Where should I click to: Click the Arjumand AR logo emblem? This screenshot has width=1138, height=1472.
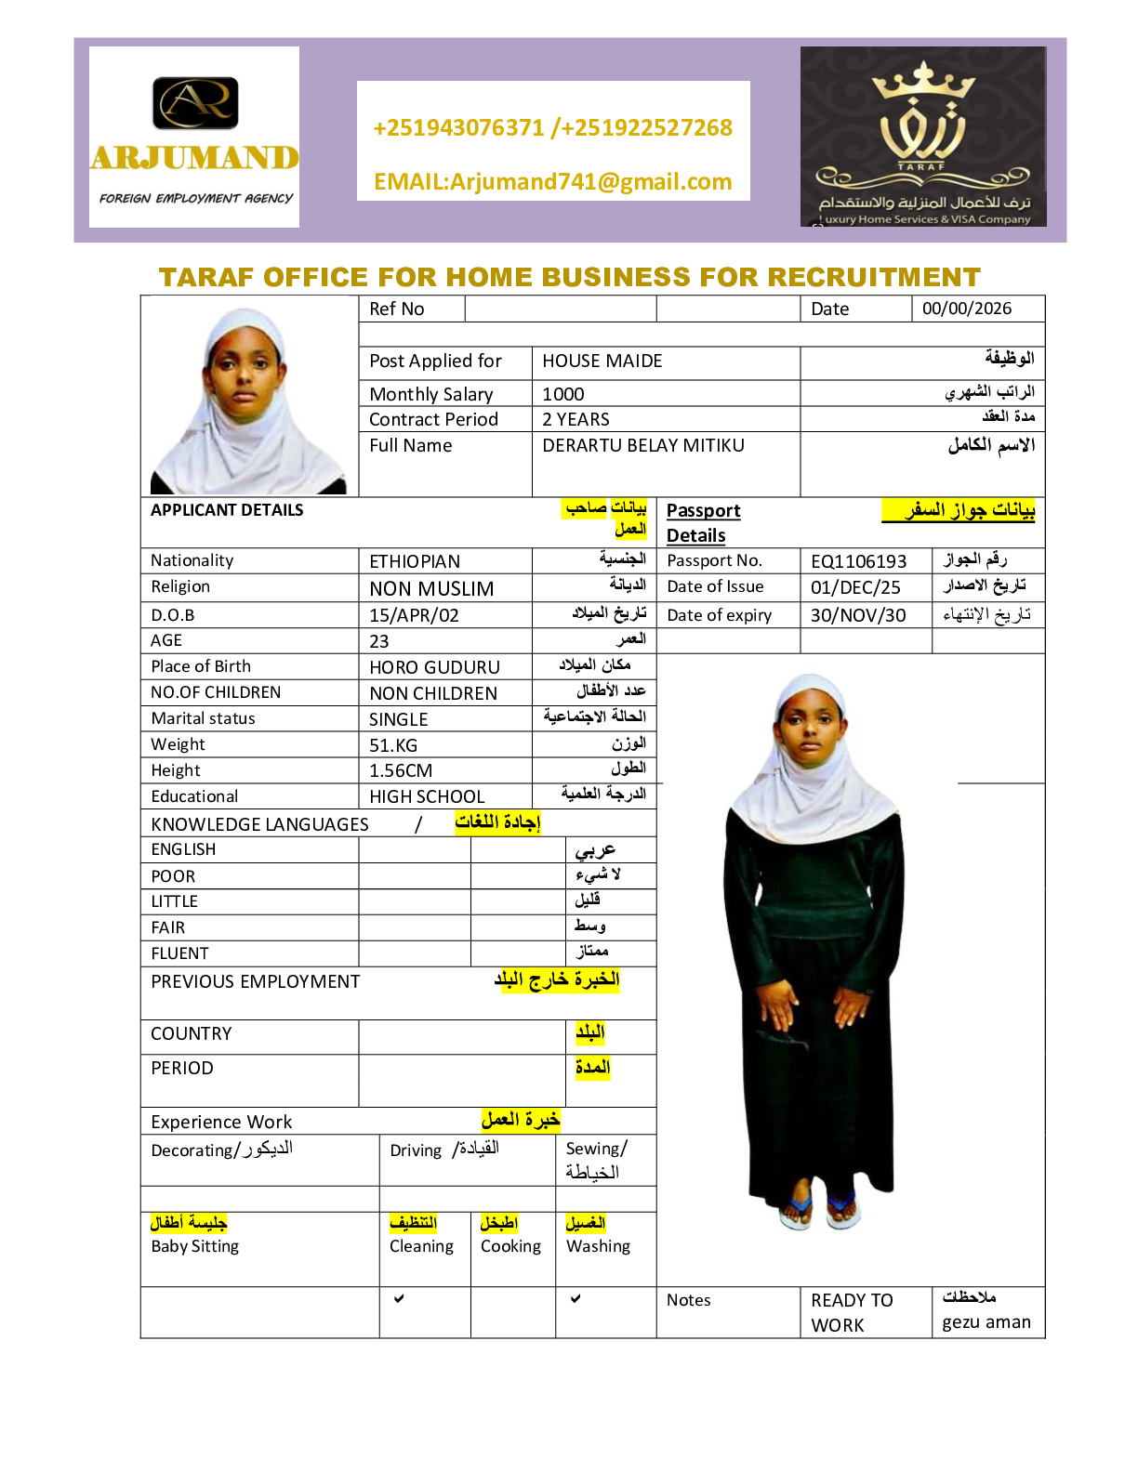(195, 102)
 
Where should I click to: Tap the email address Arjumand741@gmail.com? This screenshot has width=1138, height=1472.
(552, 181)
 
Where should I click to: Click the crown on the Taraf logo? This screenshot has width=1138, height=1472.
(923, 83)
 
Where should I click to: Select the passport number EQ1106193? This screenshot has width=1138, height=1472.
(858, 561)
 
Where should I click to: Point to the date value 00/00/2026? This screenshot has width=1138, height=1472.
(966, 309)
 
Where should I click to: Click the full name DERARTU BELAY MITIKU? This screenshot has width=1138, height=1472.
(643, 445)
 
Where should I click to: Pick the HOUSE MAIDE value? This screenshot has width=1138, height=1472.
(602, 361)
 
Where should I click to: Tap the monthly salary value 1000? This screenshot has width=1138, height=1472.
(563, 394)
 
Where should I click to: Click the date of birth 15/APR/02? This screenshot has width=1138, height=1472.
(414, 615)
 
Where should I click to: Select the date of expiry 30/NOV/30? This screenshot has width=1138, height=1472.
(857, 615)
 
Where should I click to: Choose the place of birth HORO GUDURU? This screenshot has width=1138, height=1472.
(434, 667)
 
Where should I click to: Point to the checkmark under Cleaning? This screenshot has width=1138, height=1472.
(399, 1298)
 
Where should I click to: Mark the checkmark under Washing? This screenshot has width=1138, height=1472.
(576, 1298)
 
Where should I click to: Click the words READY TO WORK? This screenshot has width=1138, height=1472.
(851, 1312)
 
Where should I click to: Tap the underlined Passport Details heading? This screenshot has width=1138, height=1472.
(703, 522)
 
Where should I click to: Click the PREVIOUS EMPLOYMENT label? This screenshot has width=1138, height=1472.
(255, 981)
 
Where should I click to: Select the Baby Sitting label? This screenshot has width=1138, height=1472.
(195, 1246)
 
